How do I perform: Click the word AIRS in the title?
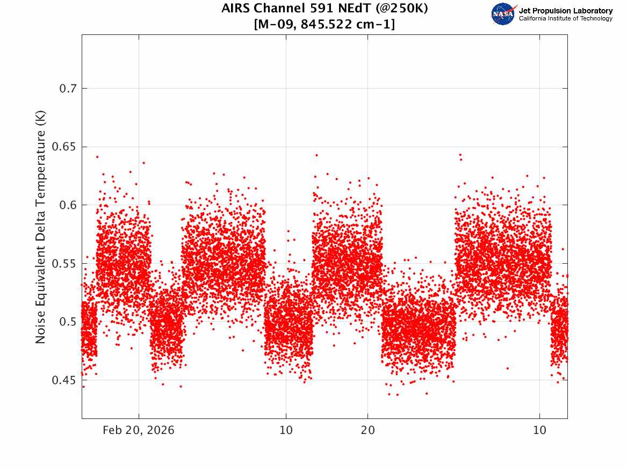tap(236, 8)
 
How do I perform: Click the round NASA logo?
tap(503, 14)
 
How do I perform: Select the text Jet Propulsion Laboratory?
tap(565, 11)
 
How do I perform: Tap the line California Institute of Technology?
tap(565, 18)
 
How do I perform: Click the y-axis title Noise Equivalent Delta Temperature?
tap(40, 227)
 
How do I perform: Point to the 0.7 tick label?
tap(68, 88)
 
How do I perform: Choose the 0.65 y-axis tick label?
tap(64, 147)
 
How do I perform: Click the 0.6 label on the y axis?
tap(68, 205)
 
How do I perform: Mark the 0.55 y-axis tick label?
tap(64, 263)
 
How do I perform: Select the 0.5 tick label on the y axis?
tap(68, 322)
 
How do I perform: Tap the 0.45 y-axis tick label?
tap(64, 380)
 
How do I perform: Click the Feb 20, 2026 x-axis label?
tap(139, 430)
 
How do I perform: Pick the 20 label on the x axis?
tap(368, 430)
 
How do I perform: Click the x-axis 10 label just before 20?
tap(286, 430)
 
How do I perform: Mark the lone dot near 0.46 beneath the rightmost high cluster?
tap(507, 368)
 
